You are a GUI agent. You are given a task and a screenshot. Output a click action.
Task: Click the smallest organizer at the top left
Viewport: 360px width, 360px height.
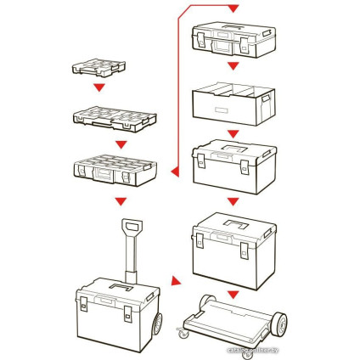point(98,66)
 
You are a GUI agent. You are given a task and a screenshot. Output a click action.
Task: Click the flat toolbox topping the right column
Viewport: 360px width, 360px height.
point(234,39)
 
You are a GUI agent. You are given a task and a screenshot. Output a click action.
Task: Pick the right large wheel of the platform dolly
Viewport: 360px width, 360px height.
point(278,323)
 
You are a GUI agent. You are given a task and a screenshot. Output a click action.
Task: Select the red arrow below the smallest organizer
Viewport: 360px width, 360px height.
point(99,87)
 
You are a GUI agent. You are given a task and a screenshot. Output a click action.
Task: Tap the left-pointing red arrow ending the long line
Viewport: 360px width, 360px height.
point(173,173)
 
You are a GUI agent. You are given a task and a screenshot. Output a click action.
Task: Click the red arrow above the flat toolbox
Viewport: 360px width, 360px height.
point(234,8)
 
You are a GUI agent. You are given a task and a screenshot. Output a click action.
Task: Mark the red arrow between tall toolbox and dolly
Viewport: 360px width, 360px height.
point(234,294)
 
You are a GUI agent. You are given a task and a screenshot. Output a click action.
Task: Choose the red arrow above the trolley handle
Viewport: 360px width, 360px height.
point(121,201)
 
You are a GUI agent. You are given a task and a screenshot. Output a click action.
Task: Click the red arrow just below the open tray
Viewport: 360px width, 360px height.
point(234,133)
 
